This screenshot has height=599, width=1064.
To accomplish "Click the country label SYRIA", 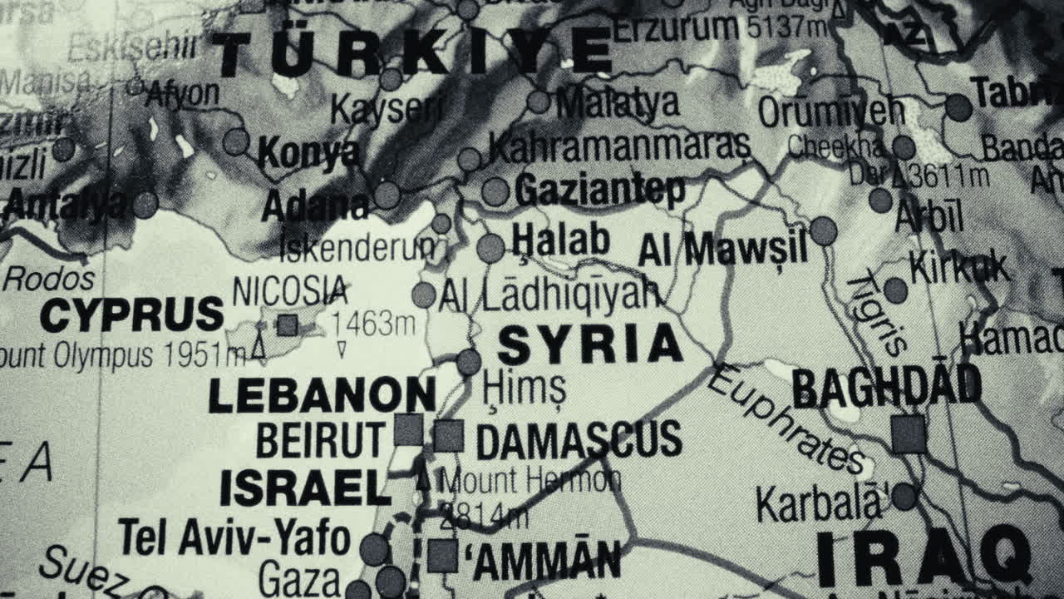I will [590, 345].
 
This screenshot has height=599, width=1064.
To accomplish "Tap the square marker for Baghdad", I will [908, 434].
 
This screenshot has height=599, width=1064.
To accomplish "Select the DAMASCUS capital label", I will [579, 440].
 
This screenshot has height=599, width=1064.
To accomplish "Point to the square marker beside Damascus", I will [448, 435].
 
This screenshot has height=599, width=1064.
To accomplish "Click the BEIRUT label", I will [320, 440].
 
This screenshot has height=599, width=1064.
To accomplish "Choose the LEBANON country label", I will [322, 396].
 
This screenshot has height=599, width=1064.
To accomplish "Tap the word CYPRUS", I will [132, 315].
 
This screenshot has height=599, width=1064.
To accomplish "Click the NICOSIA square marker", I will [287, 324].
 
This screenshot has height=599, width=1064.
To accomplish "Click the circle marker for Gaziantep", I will [495, 191].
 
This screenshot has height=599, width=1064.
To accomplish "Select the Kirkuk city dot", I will [895, 290].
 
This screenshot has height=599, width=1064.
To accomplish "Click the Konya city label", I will [308, 153].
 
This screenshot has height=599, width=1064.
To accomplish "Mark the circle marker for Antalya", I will [145, 204].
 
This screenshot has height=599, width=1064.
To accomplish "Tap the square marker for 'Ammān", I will [442, 556].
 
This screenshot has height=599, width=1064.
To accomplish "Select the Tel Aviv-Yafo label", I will [234, 537].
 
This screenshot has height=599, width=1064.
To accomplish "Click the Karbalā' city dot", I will [904, 497].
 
